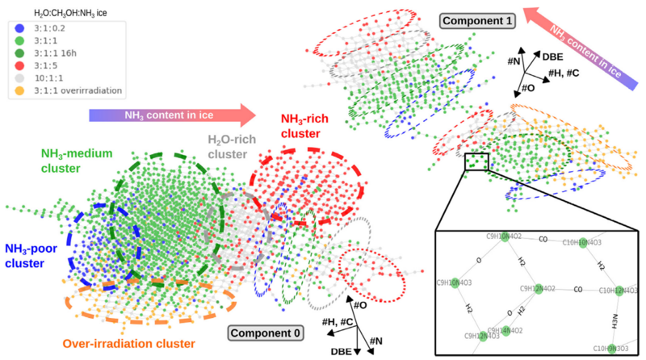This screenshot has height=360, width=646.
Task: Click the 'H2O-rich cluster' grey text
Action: click(229, 146)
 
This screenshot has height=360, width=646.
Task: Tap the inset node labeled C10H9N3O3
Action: click(615, 348)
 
